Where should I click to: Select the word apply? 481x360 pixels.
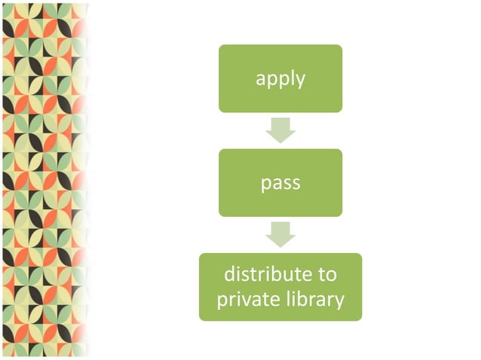click(280, 79)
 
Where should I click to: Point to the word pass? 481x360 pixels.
click(280, 183)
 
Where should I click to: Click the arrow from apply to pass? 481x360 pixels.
click(280, 129)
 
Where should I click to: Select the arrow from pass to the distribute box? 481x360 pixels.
click(280, 233)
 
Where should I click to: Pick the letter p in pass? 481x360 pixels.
click(265, 185)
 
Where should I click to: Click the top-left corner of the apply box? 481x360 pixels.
click(221, 47)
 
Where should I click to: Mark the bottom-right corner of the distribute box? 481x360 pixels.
click(360, 319)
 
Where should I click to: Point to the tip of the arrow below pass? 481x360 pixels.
click(280, 246)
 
